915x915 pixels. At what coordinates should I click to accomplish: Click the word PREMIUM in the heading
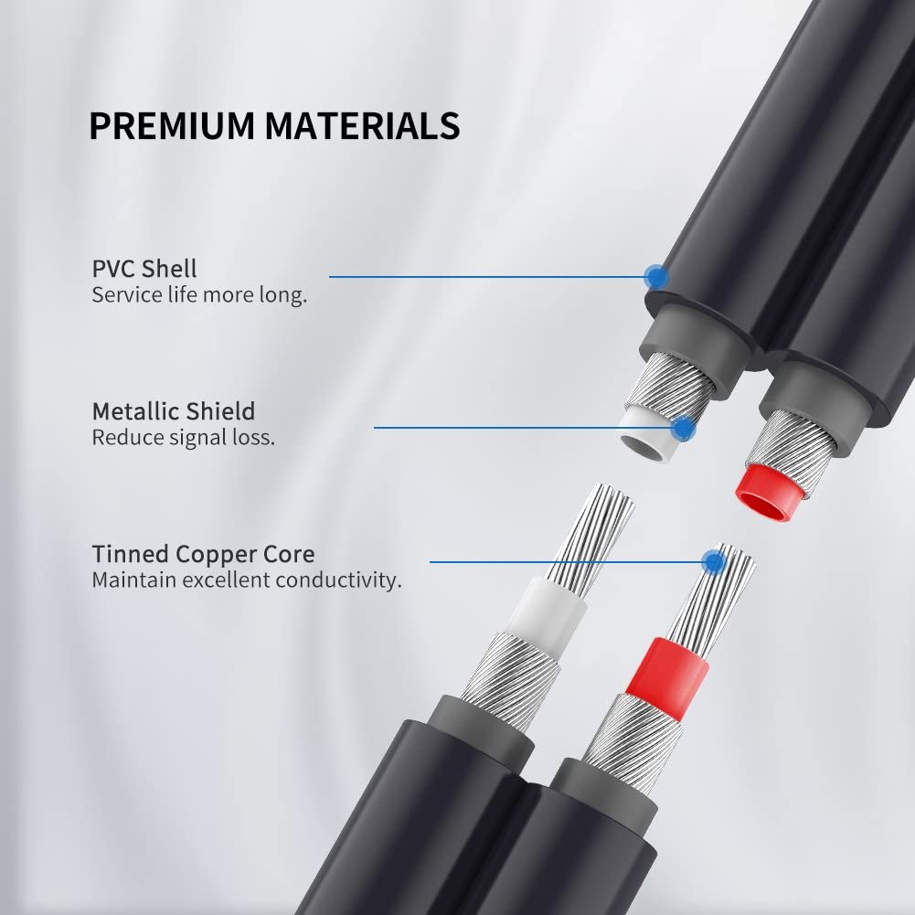coord(172,125)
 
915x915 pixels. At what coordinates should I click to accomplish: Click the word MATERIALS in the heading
coord(362,125)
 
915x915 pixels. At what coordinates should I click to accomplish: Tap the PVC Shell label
coord(144,269)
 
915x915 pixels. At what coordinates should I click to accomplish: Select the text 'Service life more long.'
coord(199,294)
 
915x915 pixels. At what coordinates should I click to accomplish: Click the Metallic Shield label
coord(174,411)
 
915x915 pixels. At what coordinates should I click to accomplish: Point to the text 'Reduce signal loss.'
coord(183,437)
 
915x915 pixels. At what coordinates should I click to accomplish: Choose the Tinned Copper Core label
coord(203,554)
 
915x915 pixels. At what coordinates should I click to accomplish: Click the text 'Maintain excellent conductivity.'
coord(247,580)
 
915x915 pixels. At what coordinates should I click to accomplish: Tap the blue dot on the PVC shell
coord(656,276)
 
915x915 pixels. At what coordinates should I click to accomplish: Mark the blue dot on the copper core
coord(713,562)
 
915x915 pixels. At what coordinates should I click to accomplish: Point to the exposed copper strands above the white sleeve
coord(594,537)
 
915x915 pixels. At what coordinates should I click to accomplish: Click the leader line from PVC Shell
coord(493,277)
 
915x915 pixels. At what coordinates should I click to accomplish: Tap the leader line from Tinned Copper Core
coord(571,562)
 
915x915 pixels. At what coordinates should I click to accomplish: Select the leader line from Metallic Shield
coord(528,428)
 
